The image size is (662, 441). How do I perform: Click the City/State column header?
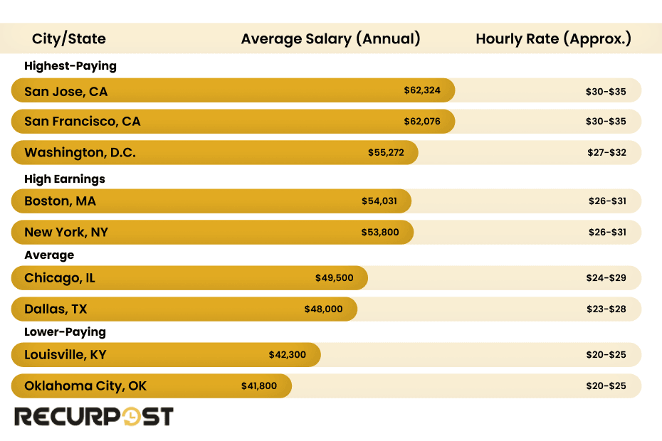[x=68, y=38]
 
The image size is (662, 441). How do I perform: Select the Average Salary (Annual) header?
[x=330, y=38]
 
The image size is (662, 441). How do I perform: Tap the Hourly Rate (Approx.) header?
[x=553, y=38]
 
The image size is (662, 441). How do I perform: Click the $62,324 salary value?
[x=422, y=90]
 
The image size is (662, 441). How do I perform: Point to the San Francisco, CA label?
[x=83, y=122]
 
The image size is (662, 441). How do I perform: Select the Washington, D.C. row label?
[x=80, y=153]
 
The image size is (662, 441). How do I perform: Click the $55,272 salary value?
[x=386, y=153]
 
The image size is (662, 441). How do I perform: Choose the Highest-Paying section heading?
[x=70, y=66]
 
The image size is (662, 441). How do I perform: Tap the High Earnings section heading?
[x=65, y=179]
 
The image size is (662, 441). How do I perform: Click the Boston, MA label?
[x=60, y=201]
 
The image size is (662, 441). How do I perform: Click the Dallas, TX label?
[x=56, y=309]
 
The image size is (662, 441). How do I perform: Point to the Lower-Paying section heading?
[x=65, y=332]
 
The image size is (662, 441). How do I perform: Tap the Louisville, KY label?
[x=65, y=355]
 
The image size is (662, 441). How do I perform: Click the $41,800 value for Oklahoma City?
[x=260, y=386]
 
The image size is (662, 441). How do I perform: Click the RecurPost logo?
[x=94, y=416]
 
